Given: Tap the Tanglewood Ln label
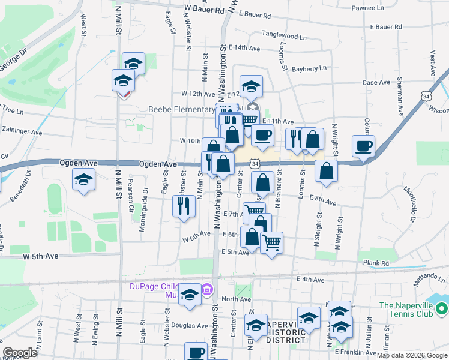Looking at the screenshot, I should coord(284,37).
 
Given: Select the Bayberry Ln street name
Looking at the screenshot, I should coord(310,69).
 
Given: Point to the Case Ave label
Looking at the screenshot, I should coord(377,82).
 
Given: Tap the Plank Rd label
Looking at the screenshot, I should coord(376,263).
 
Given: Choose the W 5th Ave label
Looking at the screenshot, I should coord(41,256).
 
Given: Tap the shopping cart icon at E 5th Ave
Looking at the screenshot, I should coord(271,242).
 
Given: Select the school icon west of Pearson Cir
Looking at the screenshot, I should coord(83,179).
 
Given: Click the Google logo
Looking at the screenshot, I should coord(20,353).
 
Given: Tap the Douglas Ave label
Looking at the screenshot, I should coord(189,325).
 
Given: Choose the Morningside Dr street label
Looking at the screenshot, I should coord(145,196).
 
